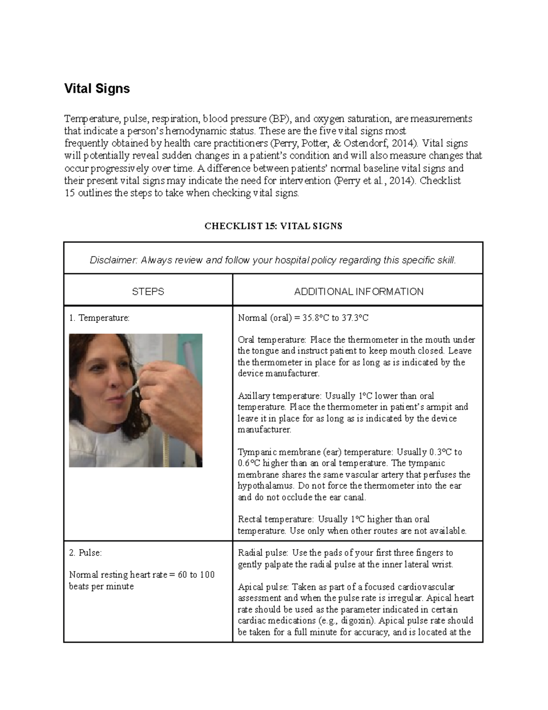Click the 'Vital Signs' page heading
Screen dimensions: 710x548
click(97, 88)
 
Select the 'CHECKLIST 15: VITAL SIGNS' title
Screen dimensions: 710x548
click(273, 226)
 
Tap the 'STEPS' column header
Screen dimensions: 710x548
click(148, 291)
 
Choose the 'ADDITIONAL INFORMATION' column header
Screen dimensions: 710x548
click(358, 291)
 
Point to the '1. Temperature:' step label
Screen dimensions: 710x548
click(99, 318)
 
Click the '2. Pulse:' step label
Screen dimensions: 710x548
click(85, 553)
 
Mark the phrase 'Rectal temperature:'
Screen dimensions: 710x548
click(276, 519)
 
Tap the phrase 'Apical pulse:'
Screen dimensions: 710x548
click(263, 587)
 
